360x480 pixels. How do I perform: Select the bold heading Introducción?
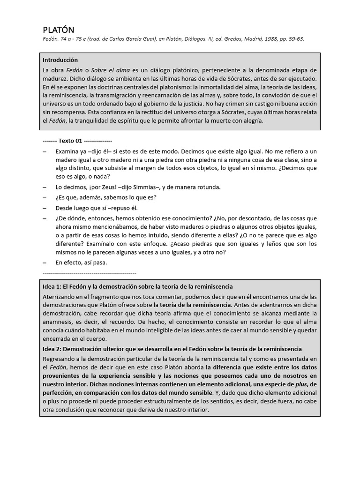point(60,60)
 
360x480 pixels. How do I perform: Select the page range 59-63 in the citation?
point(295,39)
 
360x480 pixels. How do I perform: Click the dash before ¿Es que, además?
point(45,197)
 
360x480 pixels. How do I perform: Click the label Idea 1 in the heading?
point(52,286)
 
